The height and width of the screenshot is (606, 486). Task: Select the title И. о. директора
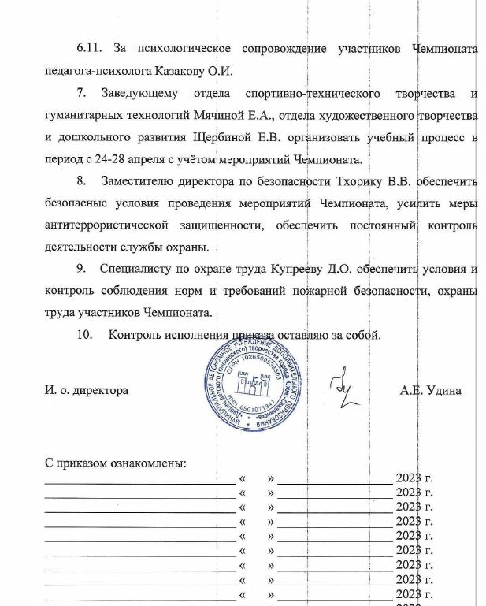tap(87, 390)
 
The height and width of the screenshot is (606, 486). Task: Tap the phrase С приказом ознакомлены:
tap(116, 462)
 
